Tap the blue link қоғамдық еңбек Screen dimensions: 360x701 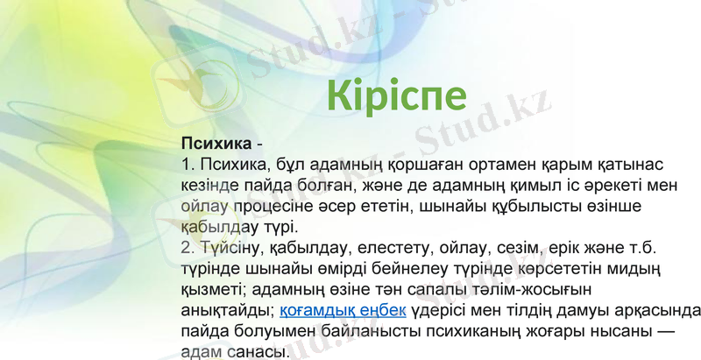pos(342,310)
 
